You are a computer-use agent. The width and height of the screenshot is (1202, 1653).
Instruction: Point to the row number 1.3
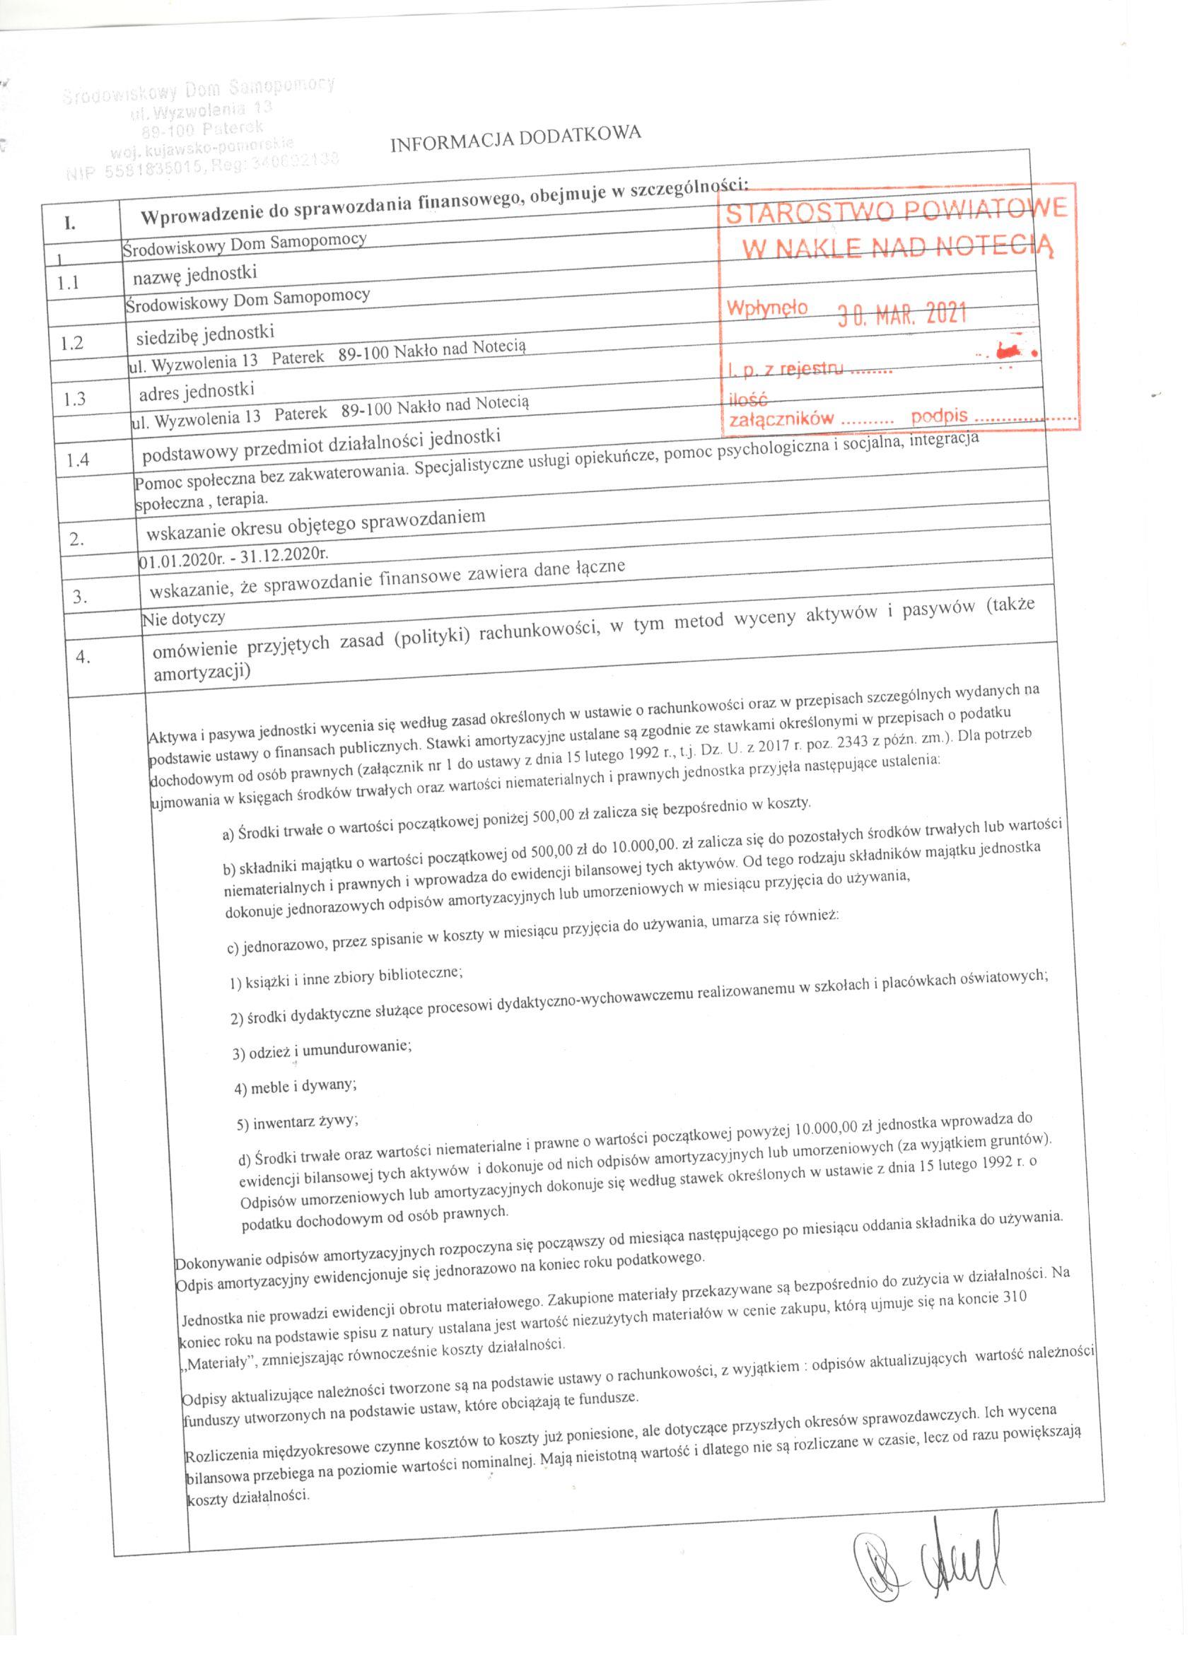(x=74, y=399)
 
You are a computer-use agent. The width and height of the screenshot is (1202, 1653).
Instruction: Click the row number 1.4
(x=76, y=460)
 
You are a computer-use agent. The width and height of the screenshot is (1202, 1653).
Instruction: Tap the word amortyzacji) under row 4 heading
(x=202, y=672)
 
